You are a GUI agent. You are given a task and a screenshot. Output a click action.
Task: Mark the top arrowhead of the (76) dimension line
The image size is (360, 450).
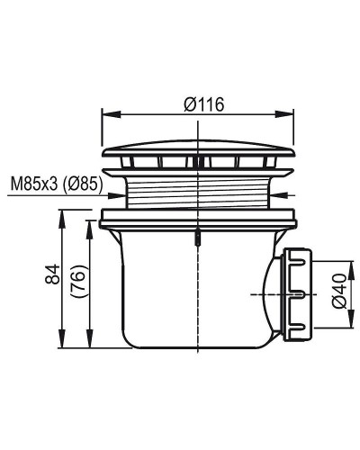90,220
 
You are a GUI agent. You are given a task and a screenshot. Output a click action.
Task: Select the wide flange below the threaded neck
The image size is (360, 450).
197,217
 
